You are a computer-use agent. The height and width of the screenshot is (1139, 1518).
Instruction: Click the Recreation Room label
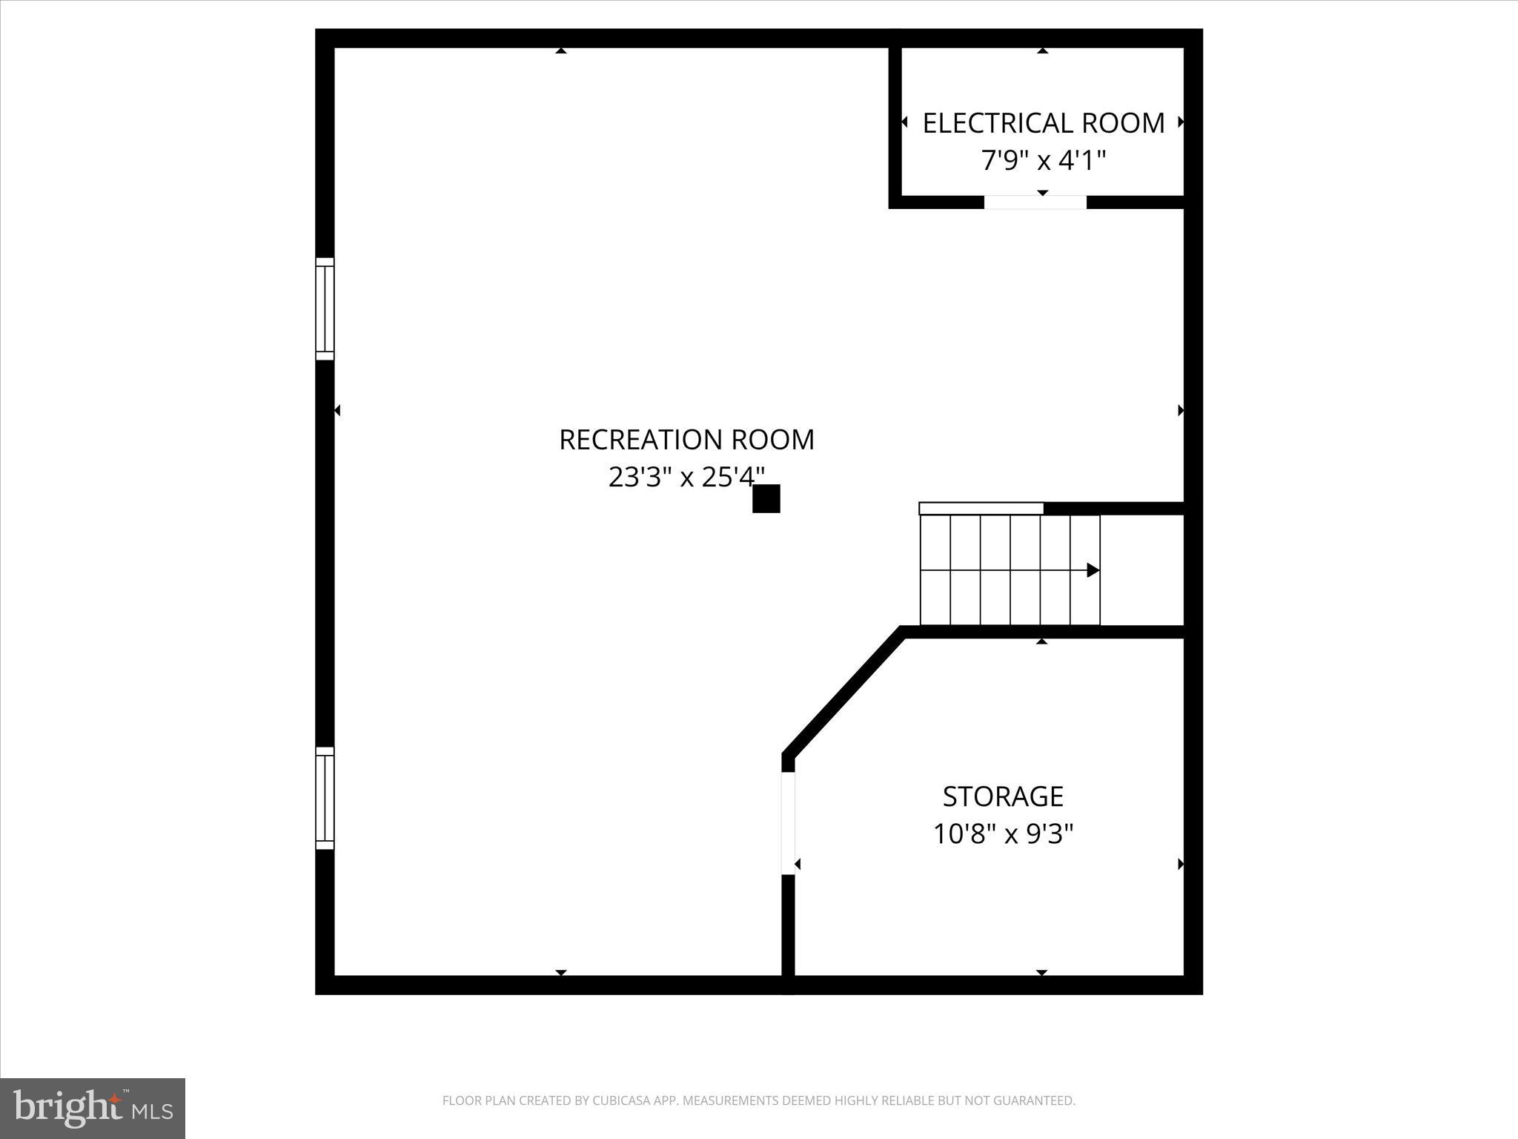686,440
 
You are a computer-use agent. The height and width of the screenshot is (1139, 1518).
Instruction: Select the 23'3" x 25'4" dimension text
686,477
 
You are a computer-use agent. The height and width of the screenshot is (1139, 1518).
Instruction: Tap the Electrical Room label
1043,123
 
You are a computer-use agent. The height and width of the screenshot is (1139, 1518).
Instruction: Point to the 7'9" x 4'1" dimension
1043,160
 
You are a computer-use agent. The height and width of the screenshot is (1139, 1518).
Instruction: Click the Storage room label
1003,796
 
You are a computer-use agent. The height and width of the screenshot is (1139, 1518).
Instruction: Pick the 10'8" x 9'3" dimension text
1003,834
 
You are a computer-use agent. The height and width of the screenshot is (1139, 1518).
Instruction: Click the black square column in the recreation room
766,498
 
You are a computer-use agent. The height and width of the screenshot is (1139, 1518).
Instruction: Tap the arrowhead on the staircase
1093,570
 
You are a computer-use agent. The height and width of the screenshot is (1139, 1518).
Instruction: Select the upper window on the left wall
325,308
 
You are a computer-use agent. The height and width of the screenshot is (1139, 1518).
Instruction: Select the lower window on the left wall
325,798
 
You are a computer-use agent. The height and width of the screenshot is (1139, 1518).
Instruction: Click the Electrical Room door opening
1035,202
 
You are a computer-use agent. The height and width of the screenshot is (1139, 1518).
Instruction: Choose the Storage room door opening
788,823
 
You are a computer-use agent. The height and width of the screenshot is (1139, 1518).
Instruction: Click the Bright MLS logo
93,1109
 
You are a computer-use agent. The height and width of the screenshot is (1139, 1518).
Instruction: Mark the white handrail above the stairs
981,508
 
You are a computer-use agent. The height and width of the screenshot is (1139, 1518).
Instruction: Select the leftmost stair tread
935,570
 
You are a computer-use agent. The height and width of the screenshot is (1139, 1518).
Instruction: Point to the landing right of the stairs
1141,570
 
